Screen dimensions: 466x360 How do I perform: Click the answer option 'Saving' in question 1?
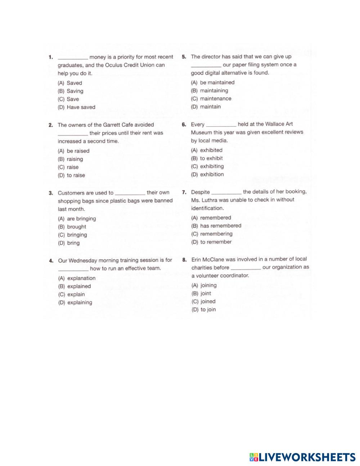click(x=75, y=91)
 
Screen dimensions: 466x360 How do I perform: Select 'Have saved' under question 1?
click(x=81, y=107)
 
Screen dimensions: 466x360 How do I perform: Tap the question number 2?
click(x=51, y=125)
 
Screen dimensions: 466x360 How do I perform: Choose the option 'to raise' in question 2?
click(x=76, y=175)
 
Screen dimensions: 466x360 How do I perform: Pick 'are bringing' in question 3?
click(x=81, y=219)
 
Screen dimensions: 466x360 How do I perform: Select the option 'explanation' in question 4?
click(x=81, y=278)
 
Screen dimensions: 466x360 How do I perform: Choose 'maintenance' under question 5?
click(x=216, y=99)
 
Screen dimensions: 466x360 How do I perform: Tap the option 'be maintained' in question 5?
click(x=217, y=82)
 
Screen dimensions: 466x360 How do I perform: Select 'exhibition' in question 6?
click(x=212, y=175)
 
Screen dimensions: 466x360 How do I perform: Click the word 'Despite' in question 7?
click(x=201, y=192)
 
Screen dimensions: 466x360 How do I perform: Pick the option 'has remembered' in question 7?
click(x=221, y=226)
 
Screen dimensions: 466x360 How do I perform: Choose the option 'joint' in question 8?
click(x=206, y=294)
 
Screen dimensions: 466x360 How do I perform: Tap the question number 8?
click(x=184, y=259)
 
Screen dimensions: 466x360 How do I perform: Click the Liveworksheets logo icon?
click(x=254, y=457)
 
